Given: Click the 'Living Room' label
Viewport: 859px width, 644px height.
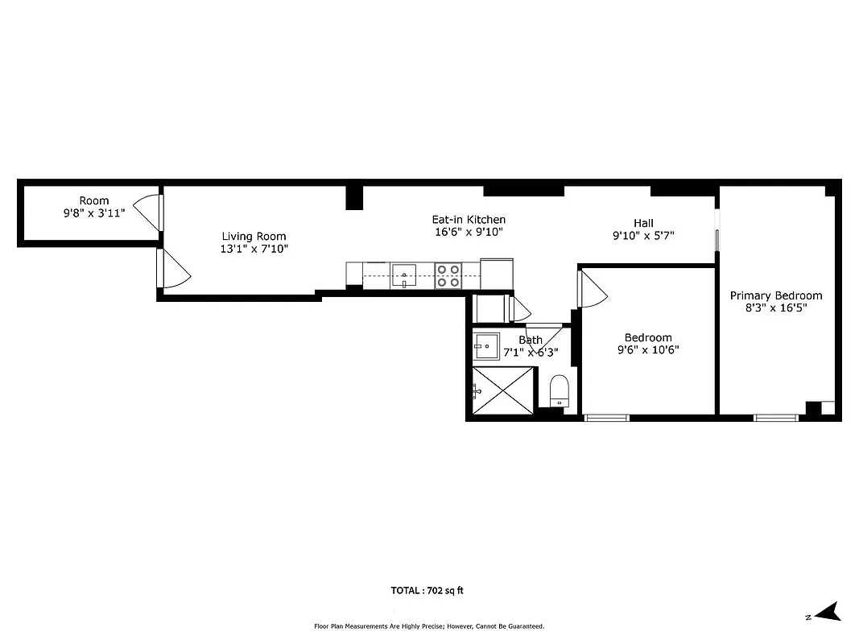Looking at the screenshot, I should tap(254, 236).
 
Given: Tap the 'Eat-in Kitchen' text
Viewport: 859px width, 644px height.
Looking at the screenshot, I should tap(469, 219).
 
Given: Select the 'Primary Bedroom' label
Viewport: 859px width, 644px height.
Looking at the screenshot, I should tap(775, 295).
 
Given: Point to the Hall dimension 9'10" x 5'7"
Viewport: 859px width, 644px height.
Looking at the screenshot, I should tap(642, 236).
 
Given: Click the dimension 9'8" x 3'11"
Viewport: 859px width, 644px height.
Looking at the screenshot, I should tap(93, 213).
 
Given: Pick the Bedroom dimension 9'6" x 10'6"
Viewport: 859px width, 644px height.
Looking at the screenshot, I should tap(648, 350).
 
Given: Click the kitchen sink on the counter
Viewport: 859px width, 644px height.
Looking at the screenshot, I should tap(404, 275).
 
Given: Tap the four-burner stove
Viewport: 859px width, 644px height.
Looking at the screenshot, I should tap(448, 275).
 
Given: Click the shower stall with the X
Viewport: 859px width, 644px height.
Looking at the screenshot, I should tap(503, 390).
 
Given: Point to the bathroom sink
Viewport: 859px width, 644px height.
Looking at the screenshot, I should tap(486, 346).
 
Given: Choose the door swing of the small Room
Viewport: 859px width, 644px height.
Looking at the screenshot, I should tap(148, 213).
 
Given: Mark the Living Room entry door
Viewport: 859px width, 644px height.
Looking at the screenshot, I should tap(172, 269).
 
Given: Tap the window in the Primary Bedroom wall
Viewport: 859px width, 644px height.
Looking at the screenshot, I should tap(776, 417).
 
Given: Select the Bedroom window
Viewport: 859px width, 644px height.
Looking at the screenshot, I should tap(606, 417).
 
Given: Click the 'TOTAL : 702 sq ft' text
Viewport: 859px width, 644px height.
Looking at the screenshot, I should tap(427, 590).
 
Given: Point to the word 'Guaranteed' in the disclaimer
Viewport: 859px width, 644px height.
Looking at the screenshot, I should tap(523, 625).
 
